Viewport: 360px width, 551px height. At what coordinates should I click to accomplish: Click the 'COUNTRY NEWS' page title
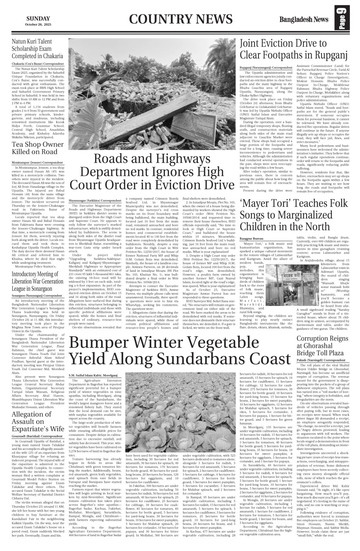181,20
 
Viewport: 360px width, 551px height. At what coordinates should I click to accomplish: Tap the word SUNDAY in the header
38,18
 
